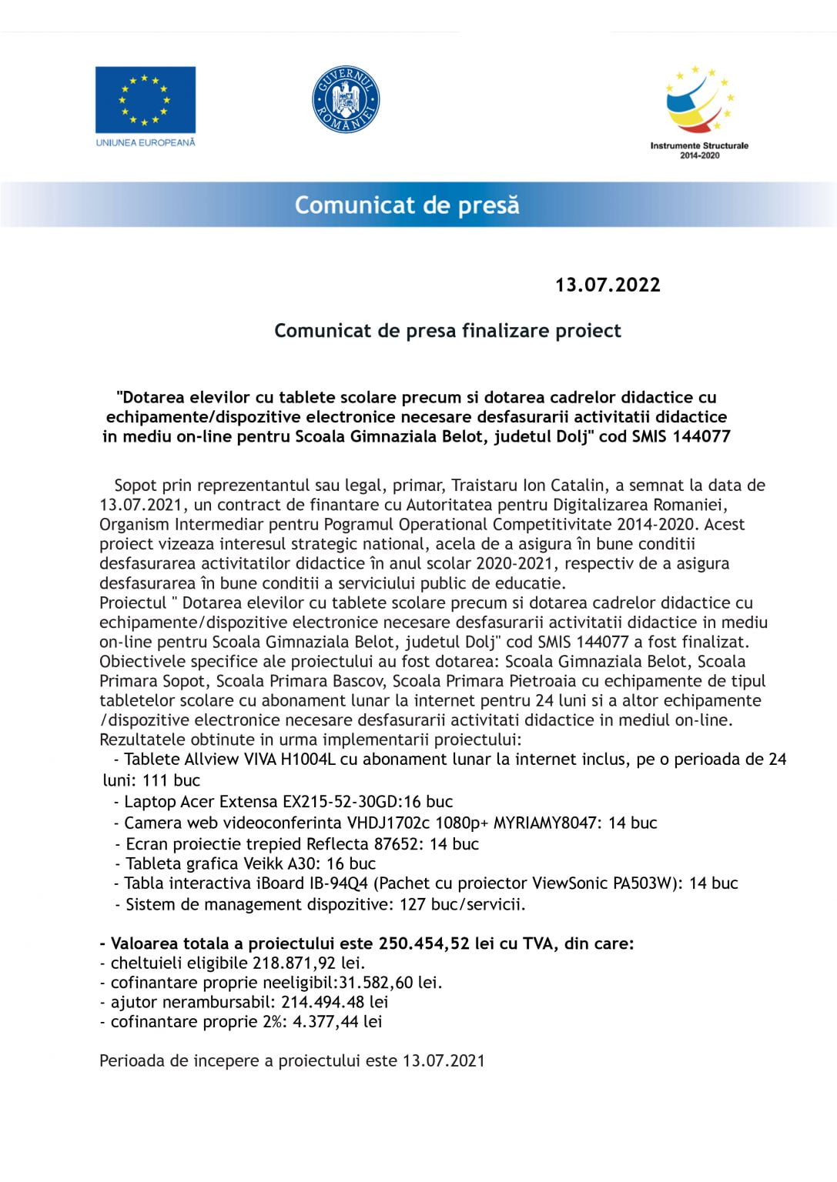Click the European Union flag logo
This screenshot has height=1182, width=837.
pos(145,100)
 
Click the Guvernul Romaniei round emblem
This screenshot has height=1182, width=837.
pos(346,99)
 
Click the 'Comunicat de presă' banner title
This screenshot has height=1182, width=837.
pos(407,205)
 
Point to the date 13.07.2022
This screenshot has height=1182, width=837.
pos(608,285)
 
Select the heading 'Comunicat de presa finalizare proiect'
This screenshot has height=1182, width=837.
pos(447,331)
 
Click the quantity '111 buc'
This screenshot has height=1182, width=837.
pos(171,780)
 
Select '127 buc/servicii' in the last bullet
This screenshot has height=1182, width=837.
pos(462,905)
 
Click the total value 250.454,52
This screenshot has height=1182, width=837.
pos(424,943)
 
